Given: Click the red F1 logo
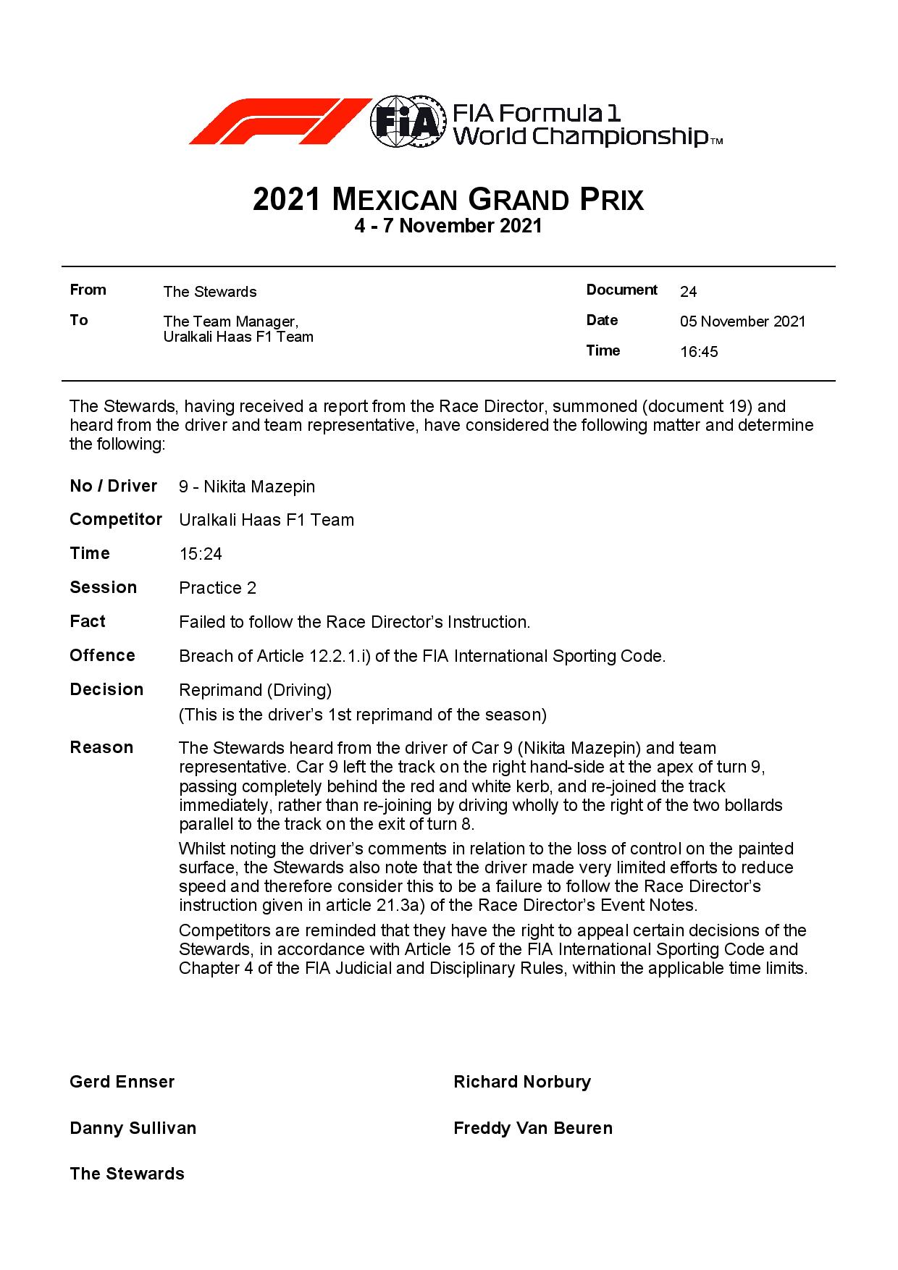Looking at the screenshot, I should (x=279, y=121).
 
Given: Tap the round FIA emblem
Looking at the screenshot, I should (x=406, y=121).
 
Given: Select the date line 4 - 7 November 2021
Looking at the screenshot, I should (x=448, y=226).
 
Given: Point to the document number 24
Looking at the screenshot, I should (x=688, y=292).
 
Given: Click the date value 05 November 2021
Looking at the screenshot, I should (x=742, y=321).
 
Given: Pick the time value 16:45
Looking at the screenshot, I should (x=699, y=352).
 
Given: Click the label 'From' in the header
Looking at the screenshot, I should (x=88, y=290).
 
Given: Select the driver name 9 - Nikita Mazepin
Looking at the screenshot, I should (x=247, y=487).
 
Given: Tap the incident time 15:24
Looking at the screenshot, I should (x=201, y=555).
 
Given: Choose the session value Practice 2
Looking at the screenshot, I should (x=217, y=588).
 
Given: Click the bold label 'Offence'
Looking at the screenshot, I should (x=102, y=655).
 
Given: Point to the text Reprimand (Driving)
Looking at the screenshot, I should (x=255, y=690).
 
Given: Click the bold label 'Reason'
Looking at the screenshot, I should (x=101, y=747).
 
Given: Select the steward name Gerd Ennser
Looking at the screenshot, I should (x=122, y=1082).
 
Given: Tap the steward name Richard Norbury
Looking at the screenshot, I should (x=522, y=1082).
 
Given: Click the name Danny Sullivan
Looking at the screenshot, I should (x=133, y=1128).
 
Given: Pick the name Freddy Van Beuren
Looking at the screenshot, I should (x=533, y=1128).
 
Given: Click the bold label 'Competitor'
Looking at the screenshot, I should (x=116, y=520).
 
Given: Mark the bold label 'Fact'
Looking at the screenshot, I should (x=88, y=621).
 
